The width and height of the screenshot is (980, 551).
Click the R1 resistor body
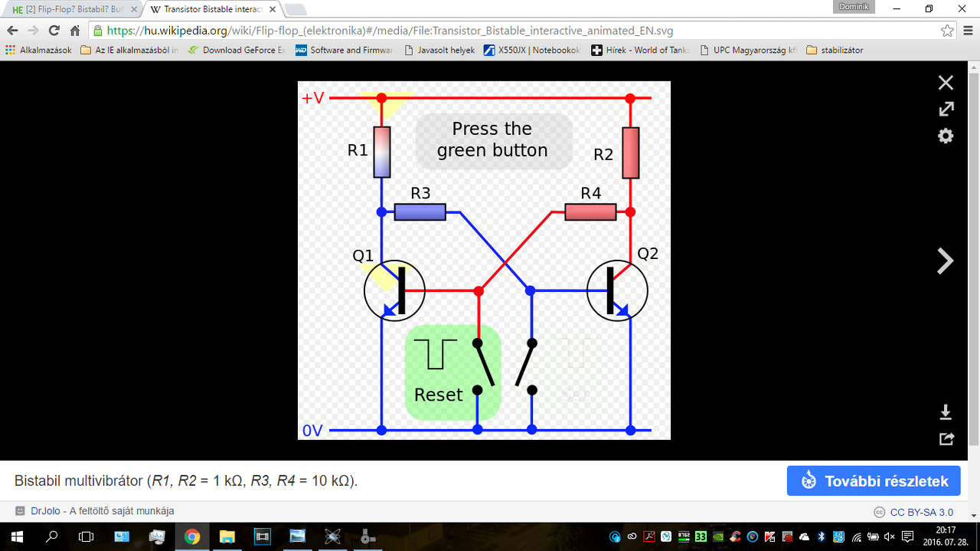point(381,152)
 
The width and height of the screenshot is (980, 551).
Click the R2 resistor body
point(630,153)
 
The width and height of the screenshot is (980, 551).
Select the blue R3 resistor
point(420,212)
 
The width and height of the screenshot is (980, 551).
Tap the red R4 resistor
point(590,212)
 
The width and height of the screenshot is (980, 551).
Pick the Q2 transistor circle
point(617,290)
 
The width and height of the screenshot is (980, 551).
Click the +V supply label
point(312,98)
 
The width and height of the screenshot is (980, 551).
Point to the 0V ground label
point(312,431)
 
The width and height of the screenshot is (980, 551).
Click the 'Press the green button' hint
point(493,140)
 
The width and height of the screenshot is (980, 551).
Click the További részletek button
point(874,481)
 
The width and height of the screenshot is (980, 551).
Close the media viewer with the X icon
point(946,83)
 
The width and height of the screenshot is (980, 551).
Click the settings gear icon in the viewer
point(946,136)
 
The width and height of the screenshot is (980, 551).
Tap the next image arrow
point(946,261)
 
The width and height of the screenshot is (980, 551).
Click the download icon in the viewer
point(946,412)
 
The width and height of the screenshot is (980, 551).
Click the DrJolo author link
point(46,511)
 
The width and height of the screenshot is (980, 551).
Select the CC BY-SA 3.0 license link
point(921,512)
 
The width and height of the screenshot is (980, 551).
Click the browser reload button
point(54,31)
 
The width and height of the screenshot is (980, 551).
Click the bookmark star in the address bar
point(947,31)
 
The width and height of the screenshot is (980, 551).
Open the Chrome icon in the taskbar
point(191,536)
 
